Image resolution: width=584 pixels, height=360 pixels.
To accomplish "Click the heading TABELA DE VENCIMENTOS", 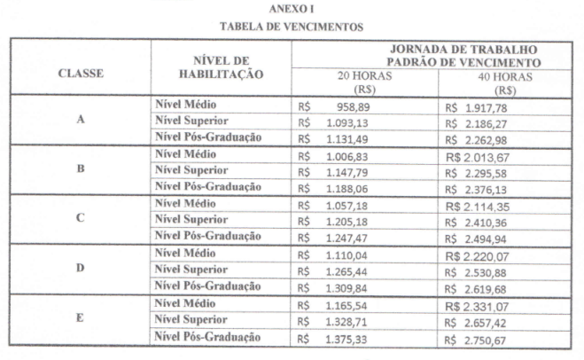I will (292, 27).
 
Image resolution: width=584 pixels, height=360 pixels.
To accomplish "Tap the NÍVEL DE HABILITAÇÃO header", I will (222, 68).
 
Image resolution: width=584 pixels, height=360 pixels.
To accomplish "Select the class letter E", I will (80, 316).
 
